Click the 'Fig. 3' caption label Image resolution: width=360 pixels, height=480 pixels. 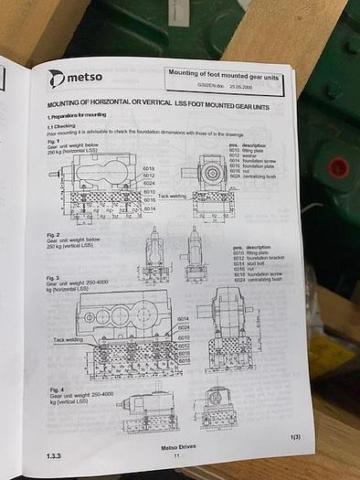pyautogui.click(x=54, y=278)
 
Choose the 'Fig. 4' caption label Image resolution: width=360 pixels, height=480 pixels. pyautogui.click(x=54, y=390)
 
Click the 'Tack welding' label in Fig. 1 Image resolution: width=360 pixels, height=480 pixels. pyautogui.click(x=171, y=196)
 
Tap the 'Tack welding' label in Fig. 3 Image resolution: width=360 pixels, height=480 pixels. pyautogui.click(x=68, y=339)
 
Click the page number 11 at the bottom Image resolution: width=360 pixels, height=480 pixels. pyautogui.click(x=176, y=455)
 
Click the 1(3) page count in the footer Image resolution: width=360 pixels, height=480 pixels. pyautogui.click(x=294, y=438)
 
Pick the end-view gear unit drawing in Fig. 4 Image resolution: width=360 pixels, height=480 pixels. pyautogui.click(x=217, y=408)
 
